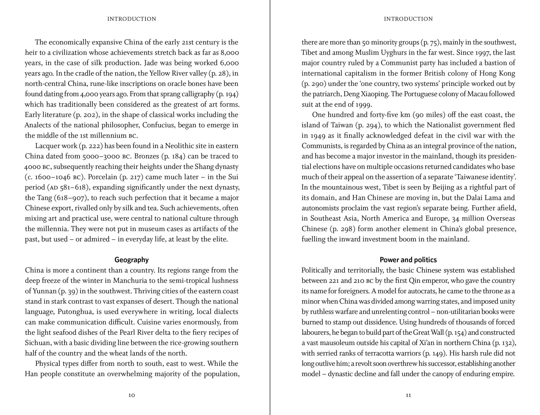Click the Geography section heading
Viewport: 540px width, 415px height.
click(131, 260)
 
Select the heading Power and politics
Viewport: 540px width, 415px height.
click(408, 260)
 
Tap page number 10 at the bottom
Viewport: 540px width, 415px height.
click(131, 395)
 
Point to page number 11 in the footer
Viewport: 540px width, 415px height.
click(408, 395)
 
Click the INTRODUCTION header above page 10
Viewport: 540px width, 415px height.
click(131, 19)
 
